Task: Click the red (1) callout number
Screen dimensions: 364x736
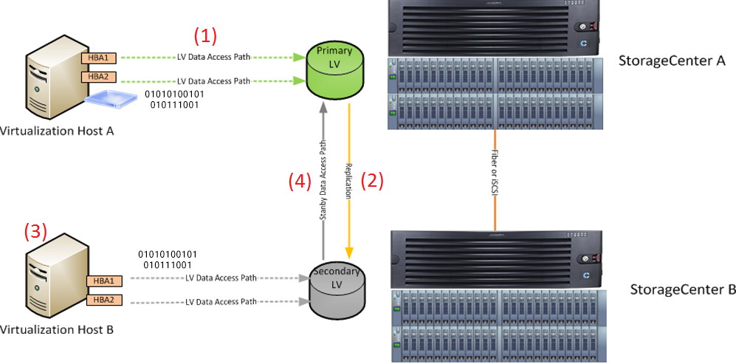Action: click(206, 35)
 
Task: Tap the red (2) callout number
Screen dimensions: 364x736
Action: click(371, 181)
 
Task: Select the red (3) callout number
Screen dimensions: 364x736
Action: click(35, 231)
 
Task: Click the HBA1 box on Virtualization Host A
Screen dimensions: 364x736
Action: click(98, 56)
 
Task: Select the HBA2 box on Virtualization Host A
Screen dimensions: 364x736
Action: click(98, 76)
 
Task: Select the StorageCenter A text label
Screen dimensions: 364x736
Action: click(672, 61)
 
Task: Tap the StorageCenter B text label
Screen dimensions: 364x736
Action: click(682, 289)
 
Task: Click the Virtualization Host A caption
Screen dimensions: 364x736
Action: click(57, 131)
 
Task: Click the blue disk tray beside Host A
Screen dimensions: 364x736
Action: click(111, 98)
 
